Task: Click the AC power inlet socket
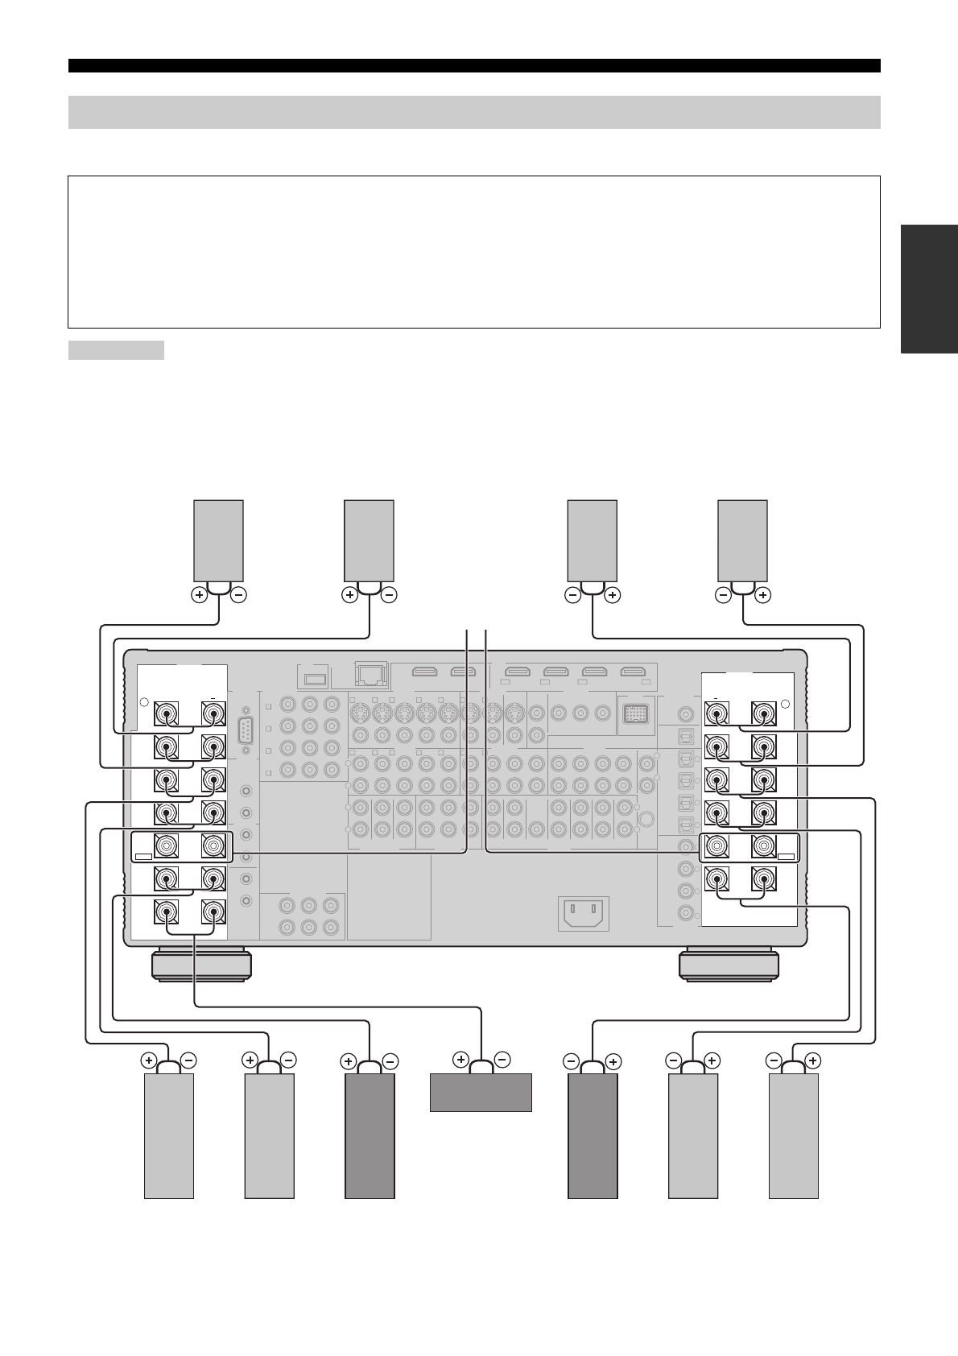[x=583, y=912]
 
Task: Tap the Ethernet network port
[x=372, y=673]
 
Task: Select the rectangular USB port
[x=316, y=679]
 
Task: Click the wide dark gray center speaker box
[x=481, y=1092]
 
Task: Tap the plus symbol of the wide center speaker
[x=461, y=1059]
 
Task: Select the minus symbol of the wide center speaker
[x=501, y=1059]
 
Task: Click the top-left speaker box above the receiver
[x=219, y=540]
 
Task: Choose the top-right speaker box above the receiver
[x=742, y=540]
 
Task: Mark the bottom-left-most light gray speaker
[x=169, y=1135]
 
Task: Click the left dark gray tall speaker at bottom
[x=370, y=1135]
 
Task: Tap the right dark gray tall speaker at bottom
[x=593, y=1135]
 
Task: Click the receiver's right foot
[x=729, y=965]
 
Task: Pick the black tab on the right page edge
[x=930, y=289]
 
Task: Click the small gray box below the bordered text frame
[x=116, y=350]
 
